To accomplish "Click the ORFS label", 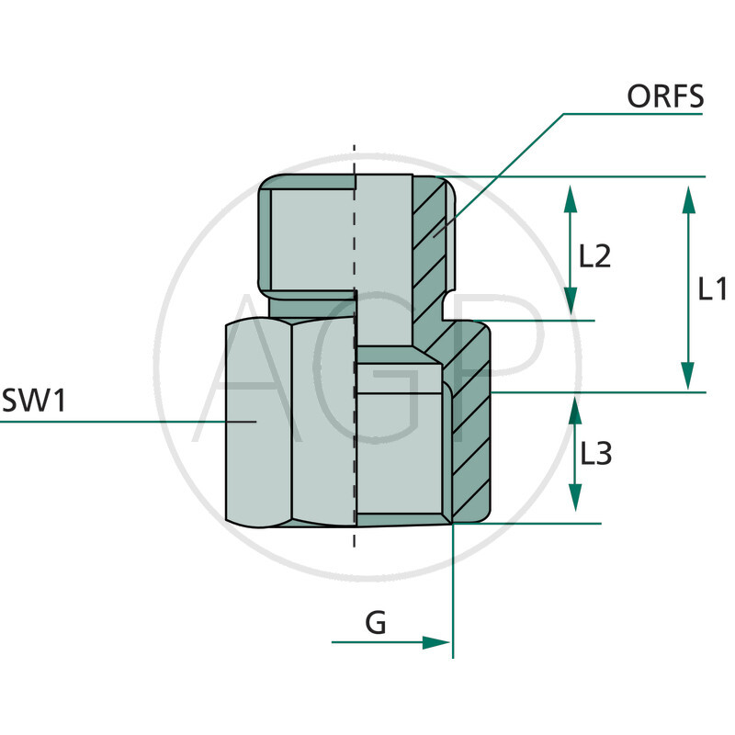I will tap(665, 96).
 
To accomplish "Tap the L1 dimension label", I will tap(713, 290).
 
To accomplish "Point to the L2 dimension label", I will tap(594, 255).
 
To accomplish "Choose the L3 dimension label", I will tap(595, 453).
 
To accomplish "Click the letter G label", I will tap(376, 623).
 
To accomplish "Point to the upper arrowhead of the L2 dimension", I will tap(570, 196).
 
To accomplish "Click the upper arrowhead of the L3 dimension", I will tap(575, 409).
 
